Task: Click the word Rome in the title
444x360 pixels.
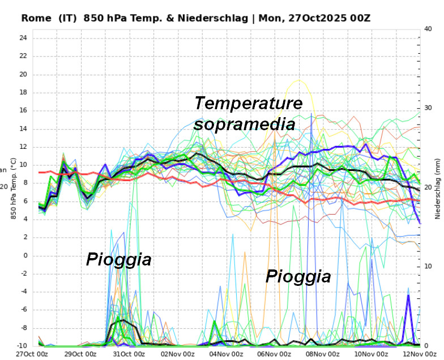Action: click(x=36, y=18)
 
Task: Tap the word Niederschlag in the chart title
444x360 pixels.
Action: click(x=213, y=18)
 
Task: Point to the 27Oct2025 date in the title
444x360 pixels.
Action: click(x=317, y=18)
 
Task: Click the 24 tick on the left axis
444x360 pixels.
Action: click(x=23, y=37)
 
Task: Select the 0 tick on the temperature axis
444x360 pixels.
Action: click(x=25, y=256)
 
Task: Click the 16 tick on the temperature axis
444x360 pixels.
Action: click(x=23, y=110)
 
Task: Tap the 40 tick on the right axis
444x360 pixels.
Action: click(x=428, y=29)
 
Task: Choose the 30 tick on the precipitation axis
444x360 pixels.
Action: click(x=428, y=108)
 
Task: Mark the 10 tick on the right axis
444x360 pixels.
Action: click(x=428, y=266)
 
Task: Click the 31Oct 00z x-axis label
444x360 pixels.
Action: click(x=129, y=354)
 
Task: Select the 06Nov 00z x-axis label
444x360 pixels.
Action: click(x=274, y=354)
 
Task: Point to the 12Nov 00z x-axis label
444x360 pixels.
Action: click(x=420, y=354)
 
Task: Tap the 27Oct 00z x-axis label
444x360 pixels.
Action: click(x=32, y=354)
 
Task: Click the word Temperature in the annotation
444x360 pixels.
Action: click(x=249, y=103)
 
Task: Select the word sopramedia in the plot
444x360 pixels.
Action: click(x=245, y=125)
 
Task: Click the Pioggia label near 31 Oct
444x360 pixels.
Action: click(x=119, y=259)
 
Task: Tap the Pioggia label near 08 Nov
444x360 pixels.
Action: click(x=298, y=276)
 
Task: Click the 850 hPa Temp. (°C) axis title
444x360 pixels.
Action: click(x=14, y=188)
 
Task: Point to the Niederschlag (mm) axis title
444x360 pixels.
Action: click(x=438, y=188)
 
